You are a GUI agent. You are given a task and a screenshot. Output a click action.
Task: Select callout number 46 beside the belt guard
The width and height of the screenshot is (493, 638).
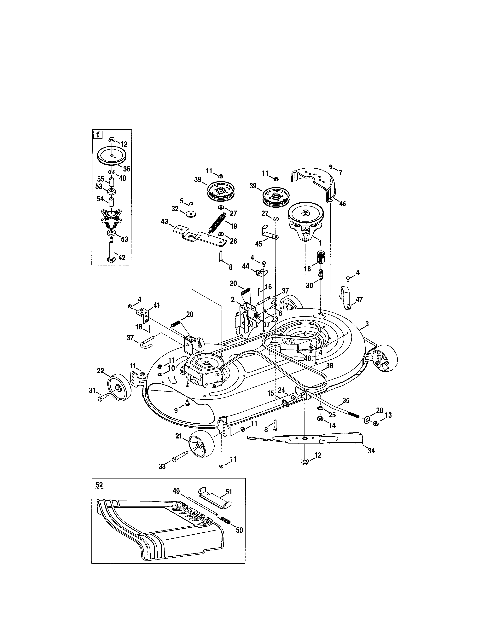coord(342,204)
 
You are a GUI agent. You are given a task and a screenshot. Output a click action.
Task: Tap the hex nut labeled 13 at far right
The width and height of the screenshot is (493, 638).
coord(376,423)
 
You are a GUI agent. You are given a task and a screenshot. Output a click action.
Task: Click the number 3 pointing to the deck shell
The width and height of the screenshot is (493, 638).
coord(367,324)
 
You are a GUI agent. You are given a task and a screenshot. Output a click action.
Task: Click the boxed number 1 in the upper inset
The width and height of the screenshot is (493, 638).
coord(98,135)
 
